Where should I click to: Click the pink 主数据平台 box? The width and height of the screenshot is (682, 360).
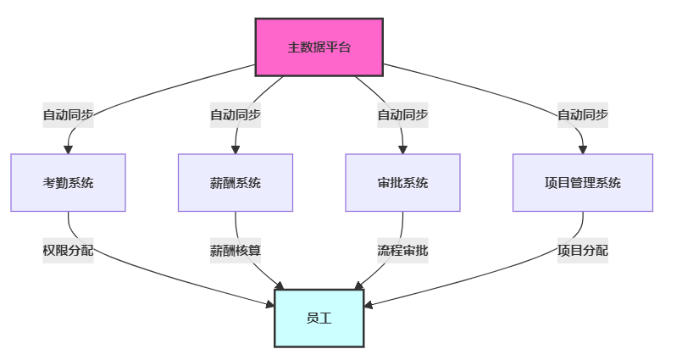click(x=319, y=47)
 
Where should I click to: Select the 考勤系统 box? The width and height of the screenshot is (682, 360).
click(x=69, y=183)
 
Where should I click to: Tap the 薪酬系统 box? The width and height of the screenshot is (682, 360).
click(x=236, y=183)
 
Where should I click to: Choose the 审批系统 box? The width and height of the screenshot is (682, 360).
click(x=402, y=183)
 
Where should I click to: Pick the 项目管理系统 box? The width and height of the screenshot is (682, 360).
click(x=583, y=183)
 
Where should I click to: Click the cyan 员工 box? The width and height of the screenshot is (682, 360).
click(x=319, y=318)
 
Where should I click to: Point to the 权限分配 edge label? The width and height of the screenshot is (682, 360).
click(x=69, y=251)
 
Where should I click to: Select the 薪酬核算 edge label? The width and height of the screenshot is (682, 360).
click(x=236, y=251)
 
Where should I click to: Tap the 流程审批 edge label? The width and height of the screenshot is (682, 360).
click(x=402, y=251)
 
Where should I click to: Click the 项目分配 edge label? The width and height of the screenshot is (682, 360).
click(x=583, y=251)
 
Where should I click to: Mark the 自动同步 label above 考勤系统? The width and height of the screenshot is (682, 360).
click(x=69, y=115)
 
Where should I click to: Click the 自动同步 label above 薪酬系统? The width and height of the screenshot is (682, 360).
click(x=236, y=115)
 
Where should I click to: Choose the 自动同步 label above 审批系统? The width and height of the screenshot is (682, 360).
click(x=402, y=115)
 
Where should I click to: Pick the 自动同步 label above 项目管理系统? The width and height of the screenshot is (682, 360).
click(x=583, y=115)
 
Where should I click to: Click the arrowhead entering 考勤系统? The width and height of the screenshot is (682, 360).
click(x=69, y=150)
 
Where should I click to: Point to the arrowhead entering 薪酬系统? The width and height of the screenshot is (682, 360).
click(x=236, y=150)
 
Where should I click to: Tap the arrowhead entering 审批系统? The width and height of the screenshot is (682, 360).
click(x=402, y=150)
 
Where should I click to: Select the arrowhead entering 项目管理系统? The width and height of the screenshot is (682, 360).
click(x=583, y=150)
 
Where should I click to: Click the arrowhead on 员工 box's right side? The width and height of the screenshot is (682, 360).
click(x=368, y=305)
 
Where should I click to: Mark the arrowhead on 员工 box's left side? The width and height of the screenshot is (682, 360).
click(x=270, y=304)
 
